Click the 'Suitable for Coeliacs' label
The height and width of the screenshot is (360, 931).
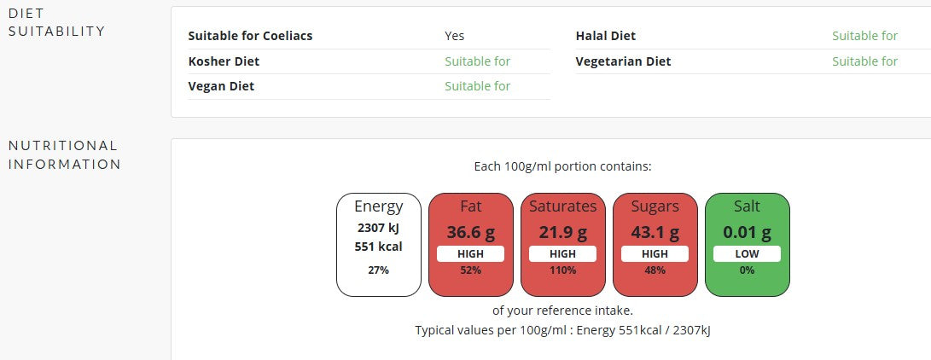250,36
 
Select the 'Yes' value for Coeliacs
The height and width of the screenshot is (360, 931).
454,36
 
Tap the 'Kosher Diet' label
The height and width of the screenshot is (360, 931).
224,61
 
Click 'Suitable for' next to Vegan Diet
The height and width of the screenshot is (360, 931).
477,86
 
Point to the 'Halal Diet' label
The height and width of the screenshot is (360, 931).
605,36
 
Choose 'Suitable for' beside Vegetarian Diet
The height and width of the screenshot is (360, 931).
864,61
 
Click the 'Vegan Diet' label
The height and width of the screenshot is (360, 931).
221,86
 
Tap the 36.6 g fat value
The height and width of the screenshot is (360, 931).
470,232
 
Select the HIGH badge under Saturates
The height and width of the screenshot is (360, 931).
562,253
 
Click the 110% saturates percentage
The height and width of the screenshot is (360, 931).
562,270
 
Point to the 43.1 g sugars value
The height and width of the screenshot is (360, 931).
655,232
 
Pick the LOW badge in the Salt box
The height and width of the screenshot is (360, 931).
747,253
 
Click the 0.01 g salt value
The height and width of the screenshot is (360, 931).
747,232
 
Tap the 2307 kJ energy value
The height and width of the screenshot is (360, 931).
378,228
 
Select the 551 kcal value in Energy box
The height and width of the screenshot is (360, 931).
378,247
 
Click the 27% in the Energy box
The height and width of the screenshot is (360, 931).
378,270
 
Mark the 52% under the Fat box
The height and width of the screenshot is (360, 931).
470,270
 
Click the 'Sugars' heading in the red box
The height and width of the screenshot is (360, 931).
655,206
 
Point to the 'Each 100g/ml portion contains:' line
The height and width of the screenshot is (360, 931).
562,167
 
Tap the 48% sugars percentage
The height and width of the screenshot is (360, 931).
655,270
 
